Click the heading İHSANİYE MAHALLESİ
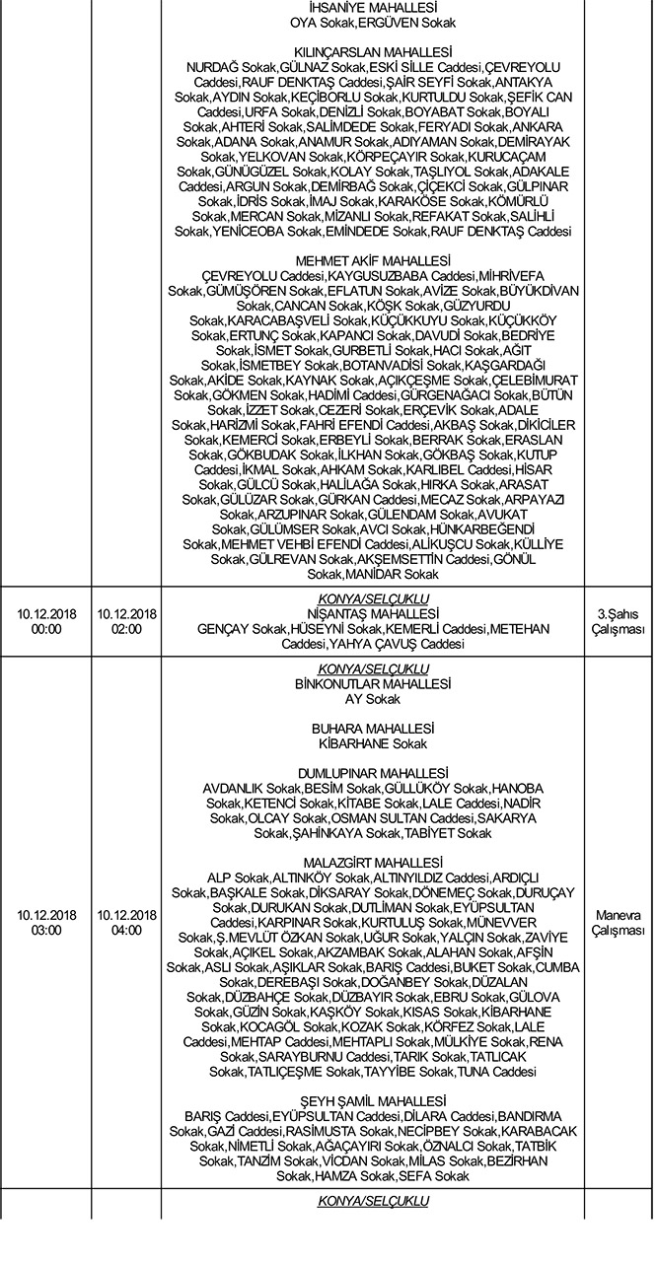[373, 7]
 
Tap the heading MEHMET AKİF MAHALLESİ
[373, 259]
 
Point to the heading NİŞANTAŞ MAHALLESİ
[373, 613]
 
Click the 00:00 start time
[39, 628]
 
